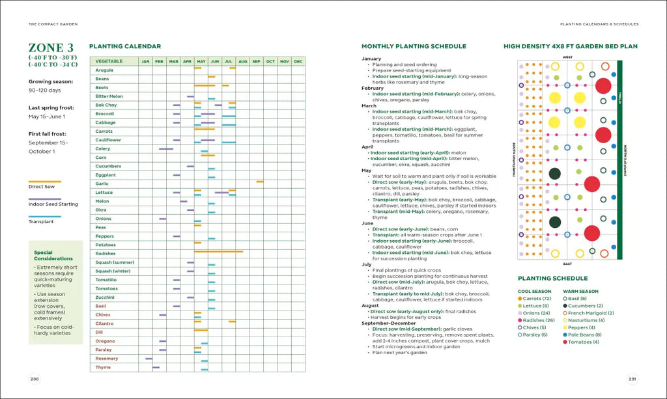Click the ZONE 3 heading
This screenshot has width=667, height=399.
[x=51, y=48]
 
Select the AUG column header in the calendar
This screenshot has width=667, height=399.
[x=242, y=61]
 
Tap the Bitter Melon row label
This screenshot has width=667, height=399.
[x=109, y=96]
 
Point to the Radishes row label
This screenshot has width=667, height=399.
[x=106, y=254]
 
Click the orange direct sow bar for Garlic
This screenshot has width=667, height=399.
[x=260, y=182]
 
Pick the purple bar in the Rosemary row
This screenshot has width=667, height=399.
[x=149, y=359]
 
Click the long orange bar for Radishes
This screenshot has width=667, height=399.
[x=218, y=251]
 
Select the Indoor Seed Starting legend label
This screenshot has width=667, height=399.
[x=53, y=204]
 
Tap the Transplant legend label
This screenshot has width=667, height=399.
[x=41, y=222]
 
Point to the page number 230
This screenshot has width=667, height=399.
[x=35, y=379]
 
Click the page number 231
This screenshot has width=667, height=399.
[x=632, y=379]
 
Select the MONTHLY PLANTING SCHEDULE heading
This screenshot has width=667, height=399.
[x=414, y=46]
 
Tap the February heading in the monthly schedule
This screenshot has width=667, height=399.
[x=373, y=88]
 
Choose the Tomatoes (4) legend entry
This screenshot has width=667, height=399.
[x=584, y=342]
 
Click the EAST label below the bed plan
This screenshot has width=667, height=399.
[x=567, y=264]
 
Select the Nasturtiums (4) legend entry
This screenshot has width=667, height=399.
[x=586, y=320]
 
